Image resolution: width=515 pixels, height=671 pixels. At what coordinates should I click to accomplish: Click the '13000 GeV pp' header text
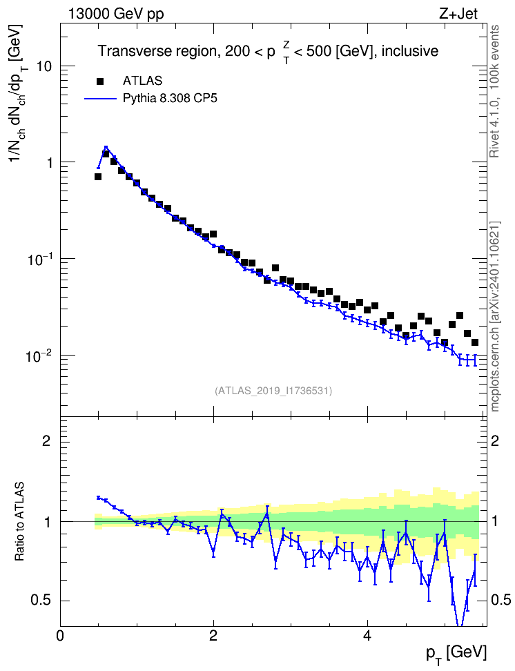point(115,14)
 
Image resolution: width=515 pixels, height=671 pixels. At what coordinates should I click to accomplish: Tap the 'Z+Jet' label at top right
point(458,14)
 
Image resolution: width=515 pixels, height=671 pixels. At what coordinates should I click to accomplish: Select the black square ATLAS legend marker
point(100,81)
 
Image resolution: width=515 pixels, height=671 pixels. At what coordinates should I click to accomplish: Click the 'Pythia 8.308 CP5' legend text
point(170,99)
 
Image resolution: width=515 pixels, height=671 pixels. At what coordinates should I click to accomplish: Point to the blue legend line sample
point(100,99)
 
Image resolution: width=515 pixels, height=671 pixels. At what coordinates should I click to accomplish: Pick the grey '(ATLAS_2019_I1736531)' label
point(273,391)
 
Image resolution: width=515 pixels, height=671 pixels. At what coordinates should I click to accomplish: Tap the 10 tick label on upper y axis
point(44,66)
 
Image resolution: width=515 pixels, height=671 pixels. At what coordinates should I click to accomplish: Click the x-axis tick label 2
point(213,635)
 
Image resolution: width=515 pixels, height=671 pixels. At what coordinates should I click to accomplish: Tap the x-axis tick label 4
point(367,635)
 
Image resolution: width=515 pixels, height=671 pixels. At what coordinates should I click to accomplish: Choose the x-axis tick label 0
point(60,635)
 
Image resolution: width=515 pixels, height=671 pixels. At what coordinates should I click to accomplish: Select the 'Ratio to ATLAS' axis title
point(19,522)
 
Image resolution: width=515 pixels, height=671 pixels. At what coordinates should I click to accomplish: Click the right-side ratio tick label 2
point(495,440)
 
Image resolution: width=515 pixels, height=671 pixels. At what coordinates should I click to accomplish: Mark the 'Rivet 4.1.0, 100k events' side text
point(494,92)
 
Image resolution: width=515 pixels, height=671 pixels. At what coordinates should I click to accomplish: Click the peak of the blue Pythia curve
point(106,147)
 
